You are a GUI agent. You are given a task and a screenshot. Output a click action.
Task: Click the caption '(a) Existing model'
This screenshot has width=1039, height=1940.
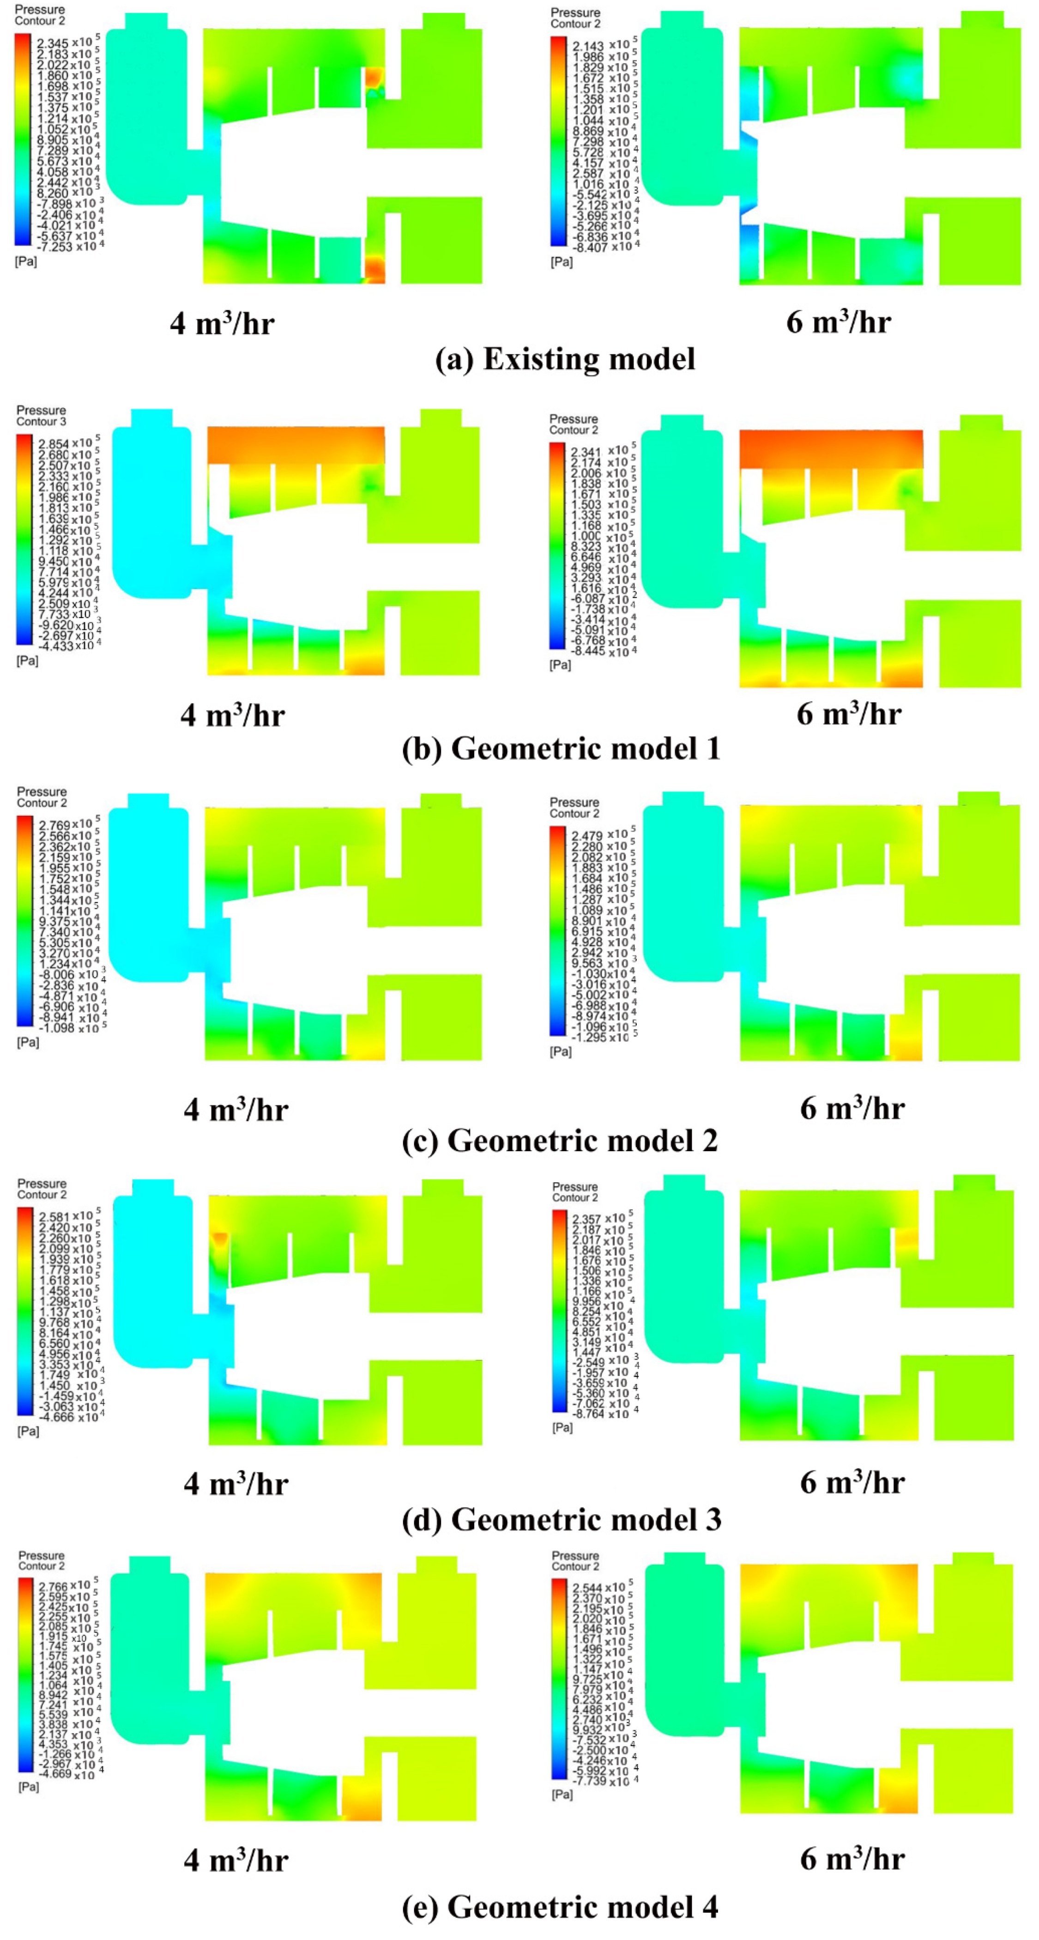pos(565,359)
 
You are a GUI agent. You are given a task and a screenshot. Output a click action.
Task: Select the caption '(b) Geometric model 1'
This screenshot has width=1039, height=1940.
pos(561,749)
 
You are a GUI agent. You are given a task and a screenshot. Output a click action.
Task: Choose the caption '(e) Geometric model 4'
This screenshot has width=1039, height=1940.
pos(559,1906)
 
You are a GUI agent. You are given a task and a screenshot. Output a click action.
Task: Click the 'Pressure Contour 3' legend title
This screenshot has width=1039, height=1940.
pos(42,416)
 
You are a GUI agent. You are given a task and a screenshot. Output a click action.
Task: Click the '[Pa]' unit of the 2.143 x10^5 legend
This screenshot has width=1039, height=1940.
pos(561,262)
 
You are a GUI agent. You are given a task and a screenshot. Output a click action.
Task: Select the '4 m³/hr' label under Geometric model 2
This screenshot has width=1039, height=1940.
pos(236,1109)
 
